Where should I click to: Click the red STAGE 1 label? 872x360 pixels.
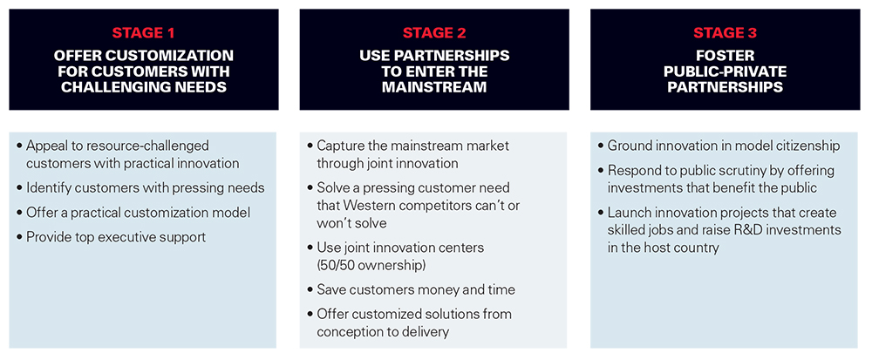point(144,33)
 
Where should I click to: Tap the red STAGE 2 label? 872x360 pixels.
point(434,33)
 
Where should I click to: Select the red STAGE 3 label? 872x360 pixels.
point(725,33)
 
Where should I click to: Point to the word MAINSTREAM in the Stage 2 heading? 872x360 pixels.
point(433,87)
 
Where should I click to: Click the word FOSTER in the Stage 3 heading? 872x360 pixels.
point(725,56)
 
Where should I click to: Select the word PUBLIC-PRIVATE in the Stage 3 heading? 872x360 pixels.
point(725,71)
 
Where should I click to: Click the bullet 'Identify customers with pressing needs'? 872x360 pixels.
point(140,188)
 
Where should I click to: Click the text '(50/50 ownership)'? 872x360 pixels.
point(371,265)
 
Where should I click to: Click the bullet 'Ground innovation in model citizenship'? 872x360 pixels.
point(719,146)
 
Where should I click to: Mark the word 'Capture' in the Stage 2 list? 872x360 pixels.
point(340,146)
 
